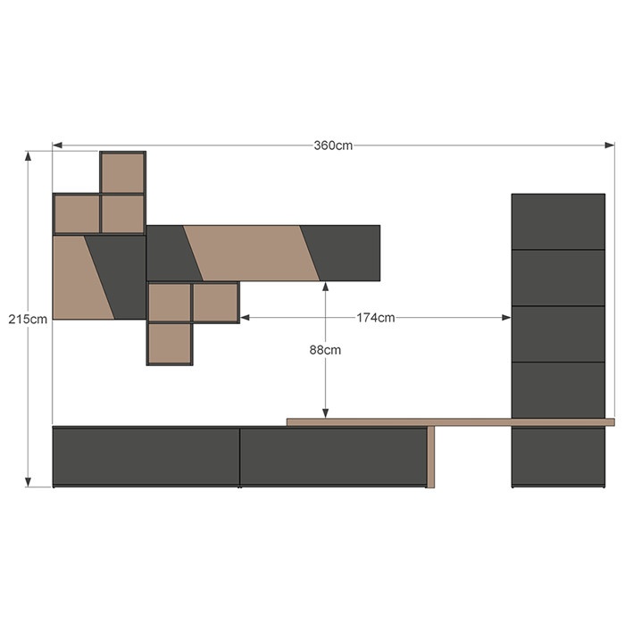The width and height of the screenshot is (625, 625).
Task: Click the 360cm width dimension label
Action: point(333,146)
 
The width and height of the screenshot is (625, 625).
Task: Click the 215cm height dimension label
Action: point(28,320)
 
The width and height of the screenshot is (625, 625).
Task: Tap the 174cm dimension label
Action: point(376,318)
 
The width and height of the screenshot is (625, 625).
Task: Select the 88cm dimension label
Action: point(325,350)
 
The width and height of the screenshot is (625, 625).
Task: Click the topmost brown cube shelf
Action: point(123,172)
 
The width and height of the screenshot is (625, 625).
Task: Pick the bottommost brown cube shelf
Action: point(170,344)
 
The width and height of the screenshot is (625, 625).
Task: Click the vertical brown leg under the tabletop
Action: point(430,457)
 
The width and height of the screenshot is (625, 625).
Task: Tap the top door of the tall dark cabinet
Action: point(558,221)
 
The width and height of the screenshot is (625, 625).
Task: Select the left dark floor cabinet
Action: point(146,457)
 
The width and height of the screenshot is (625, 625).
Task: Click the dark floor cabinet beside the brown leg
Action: point(333,457)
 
